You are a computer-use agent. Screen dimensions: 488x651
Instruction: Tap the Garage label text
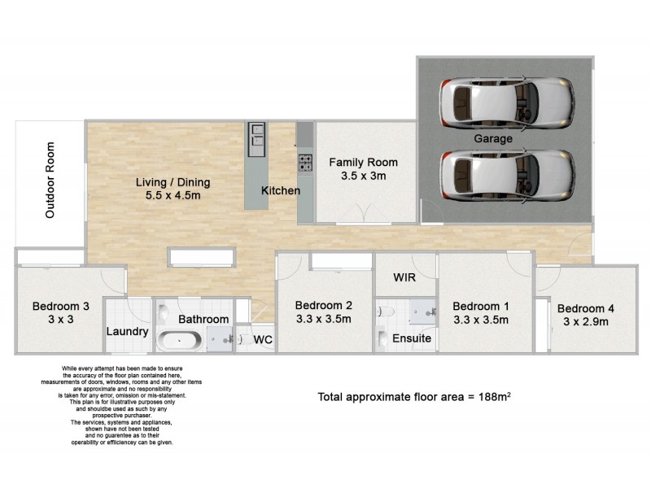tap(494, 139)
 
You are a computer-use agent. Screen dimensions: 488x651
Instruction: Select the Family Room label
tap(363, 162)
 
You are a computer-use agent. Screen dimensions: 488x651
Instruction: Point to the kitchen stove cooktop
tap(305, 161)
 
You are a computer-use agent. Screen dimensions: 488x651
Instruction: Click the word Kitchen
tap(281, 190)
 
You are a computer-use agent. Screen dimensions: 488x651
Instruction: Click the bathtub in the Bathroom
tap(180, 340)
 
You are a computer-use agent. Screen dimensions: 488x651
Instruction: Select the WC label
tap(262, 339)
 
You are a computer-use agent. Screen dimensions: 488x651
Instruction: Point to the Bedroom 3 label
tap(55, 307)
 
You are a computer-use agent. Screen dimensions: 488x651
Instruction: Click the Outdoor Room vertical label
tap(50, 181)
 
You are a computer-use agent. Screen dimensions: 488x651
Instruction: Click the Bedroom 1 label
tap(481, 306)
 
